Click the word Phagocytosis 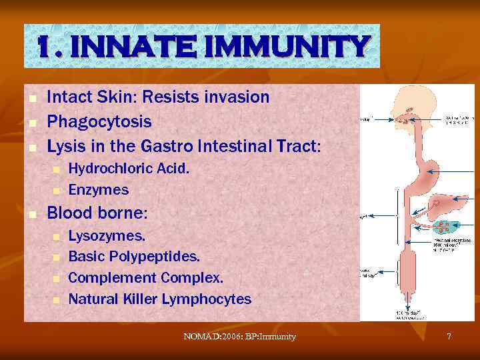[x=99, y=122]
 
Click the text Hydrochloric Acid [x=129, y=169]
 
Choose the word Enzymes [x=99, y=190]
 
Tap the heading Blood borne [x=97, y=213]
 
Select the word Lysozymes [x=107, y=235]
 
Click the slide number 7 [x=449, y=337]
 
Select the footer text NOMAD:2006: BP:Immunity [x=239, y=337]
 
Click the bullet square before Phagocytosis [x=31, y=123]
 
